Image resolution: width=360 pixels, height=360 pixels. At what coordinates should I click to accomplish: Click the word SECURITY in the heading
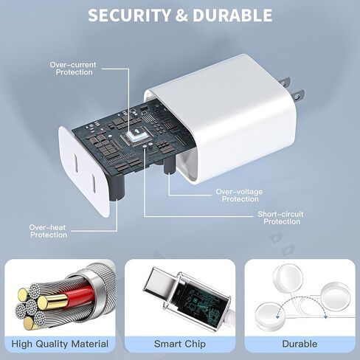[129, 15]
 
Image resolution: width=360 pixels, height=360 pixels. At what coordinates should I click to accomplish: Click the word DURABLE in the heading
[232, 15]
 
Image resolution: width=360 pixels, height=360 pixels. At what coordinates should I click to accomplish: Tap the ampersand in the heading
[181, 15]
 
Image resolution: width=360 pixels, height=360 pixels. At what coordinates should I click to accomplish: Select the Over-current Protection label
[73, 69]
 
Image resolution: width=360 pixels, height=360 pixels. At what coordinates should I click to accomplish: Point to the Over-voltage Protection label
[239, 195]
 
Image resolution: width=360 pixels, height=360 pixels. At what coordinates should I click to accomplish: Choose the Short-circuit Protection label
[280, 218]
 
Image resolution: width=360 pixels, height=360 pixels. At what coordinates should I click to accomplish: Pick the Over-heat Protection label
[48, 231]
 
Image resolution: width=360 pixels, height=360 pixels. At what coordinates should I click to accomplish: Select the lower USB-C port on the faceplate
[94, 183]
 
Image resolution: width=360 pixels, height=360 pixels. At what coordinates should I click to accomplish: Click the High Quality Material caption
[60, 344]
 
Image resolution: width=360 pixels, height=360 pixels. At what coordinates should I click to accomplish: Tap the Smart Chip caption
[180, 344]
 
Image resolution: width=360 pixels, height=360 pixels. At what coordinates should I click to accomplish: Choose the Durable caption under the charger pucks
[300, 344]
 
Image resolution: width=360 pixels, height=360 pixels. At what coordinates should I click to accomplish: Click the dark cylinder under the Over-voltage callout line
[170, 165]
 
